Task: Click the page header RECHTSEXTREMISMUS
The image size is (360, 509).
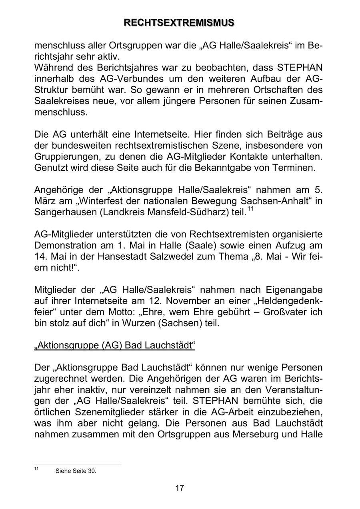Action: pyautogui.click(x=180, y=23)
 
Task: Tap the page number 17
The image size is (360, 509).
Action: pyautogui.click(x=180, y=488)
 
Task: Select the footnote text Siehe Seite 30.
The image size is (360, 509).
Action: pyautogui.click(x=76, y=471)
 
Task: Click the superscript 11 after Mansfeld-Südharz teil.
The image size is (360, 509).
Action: pyautogui.click(x=250, y=209)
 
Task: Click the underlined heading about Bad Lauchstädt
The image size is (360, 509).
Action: pyautogui.click(x=115, y=345)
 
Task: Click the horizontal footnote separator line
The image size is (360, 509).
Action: pyautogui.click(x=78, y=464)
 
